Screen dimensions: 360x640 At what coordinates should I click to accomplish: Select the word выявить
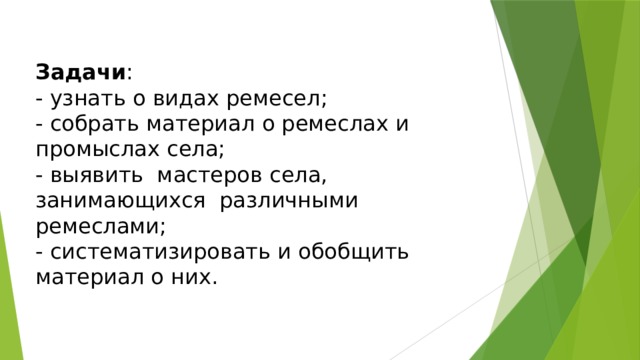88,176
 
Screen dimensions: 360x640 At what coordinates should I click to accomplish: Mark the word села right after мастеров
297,176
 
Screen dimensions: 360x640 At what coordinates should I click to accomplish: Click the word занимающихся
113,201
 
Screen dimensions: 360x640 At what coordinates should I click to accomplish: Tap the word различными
289,201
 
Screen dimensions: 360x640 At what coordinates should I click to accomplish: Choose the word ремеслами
95,227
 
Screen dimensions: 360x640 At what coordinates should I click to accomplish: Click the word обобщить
350,252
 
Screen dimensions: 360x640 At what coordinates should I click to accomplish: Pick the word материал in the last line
89,278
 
